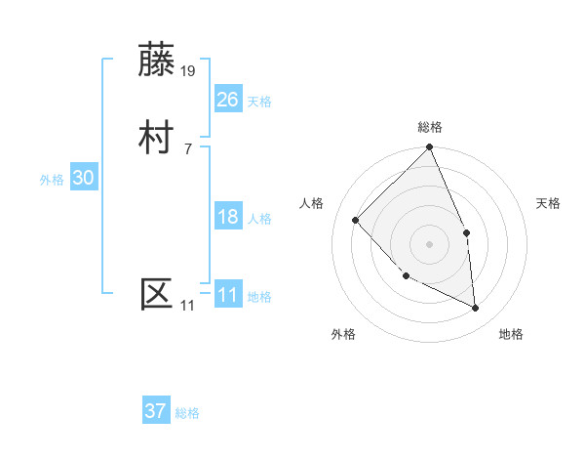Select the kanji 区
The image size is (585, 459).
tap(157, 294)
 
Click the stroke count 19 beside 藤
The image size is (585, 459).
tap(189, 70)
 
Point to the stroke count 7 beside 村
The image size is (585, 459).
tap(187, 148)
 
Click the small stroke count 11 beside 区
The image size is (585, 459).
tap(187, 305)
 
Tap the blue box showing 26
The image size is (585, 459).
tap(228, 100)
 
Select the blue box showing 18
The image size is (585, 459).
tap(228, 217)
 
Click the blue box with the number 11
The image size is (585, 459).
tap(228, 295)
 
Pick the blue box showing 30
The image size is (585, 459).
tap(84, 178)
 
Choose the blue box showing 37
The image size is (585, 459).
tap(156, 411)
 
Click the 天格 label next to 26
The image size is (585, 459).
tap(259, 102)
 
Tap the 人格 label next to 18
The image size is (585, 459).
tap(259, 219)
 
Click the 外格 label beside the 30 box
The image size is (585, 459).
tap(52, 180)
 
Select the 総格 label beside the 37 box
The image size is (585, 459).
tap(187, 413)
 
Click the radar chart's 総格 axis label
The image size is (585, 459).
tap(430, 127)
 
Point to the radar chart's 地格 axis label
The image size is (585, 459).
tap(511, 334)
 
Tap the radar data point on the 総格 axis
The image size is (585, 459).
tap(430, 148)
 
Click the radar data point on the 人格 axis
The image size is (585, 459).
tap(356, 220)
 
